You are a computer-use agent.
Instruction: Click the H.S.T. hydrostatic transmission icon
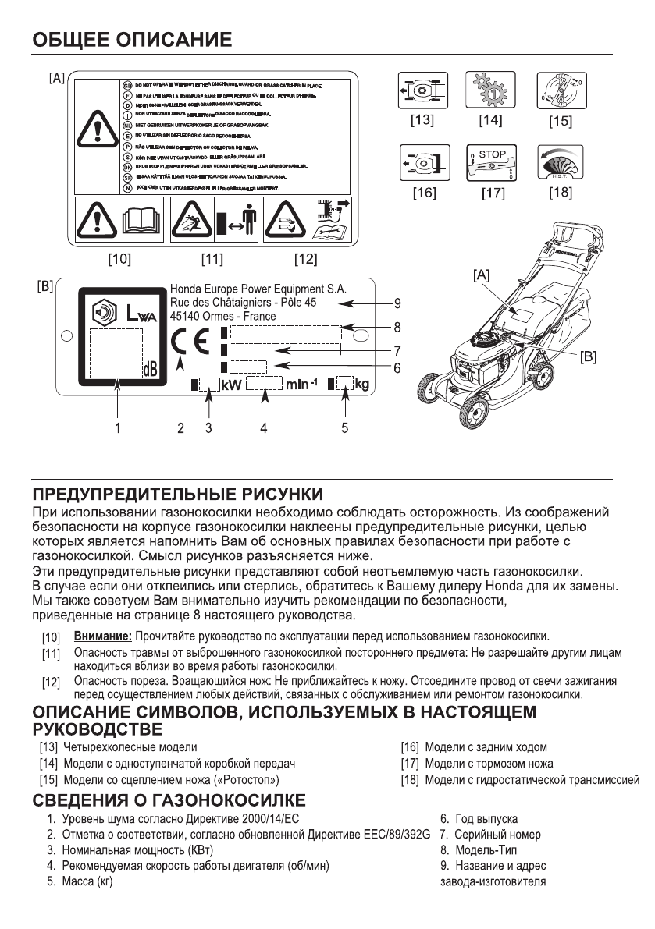[559, 162]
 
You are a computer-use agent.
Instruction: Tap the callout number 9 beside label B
[397, 303]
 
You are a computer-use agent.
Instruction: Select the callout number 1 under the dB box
[117, 427]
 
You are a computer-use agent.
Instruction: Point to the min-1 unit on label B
[301, 384]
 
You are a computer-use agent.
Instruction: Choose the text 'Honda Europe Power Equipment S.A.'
[258, 288]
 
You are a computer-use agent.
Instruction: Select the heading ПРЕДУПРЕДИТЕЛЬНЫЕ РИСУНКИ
[176, 494]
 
